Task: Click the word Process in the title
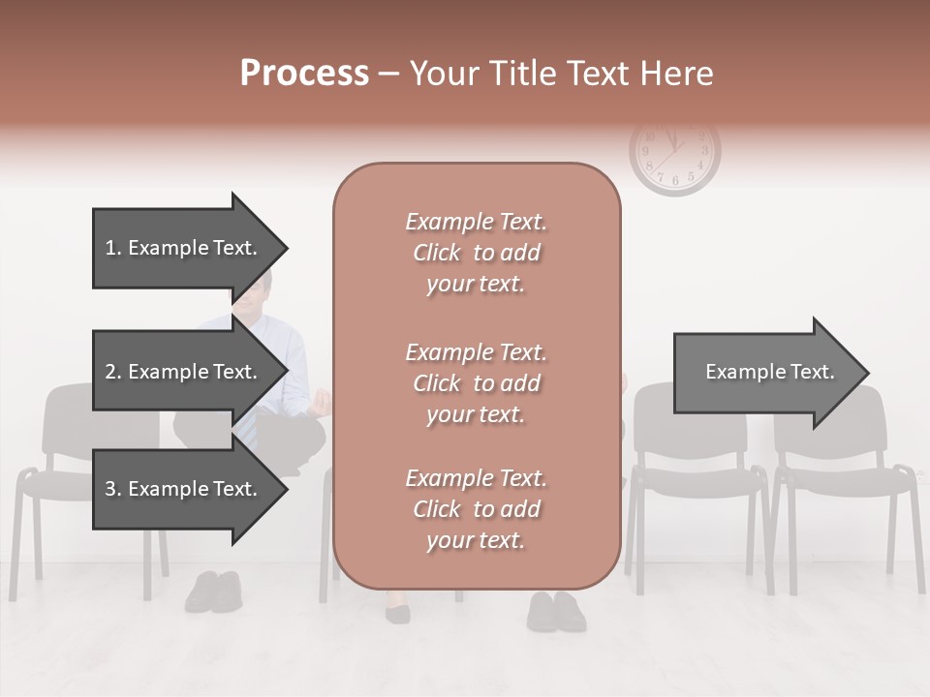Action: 304,74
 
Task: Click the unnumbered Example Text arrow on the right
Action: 769,373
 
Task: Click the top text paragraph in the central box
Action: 476,253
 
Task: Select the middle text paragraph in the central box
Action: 476,382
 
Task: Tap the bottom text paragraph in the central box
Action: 476,509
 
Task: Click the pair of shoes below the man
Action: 213,591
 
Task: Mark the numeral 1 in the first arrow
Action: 110,248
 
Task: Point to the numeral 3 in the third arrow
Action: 110,489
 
